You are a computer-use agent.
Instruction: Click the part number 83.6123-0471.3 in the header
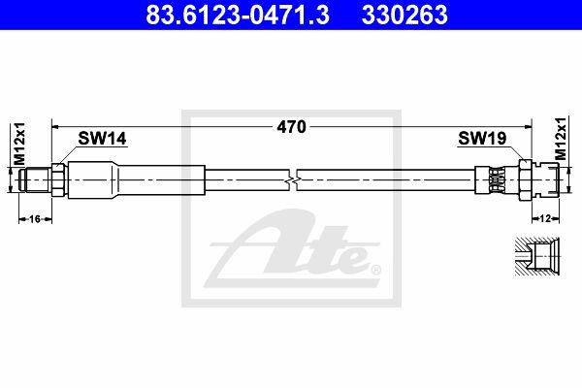[x=238, y=15]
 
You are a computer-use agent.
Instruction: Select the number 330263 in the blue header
[x=404, y=15]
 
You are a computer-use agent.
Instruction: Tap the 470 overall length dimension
[x=292, y=127]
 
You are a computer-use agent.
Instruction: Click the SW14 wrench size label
[x=102, y=138]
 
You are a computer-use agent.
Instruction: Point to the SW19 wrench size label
[x=482, y=138]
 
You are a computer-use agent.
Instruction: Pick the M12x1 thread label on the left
[x=19, y=144]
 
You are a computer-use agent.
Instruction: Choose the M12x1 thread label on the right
[x=561, y=139]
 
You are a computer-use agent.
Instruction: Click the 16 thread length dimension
[x=35, y=219]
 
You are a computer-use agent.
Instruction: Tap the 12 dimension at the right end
[x=545, y=218]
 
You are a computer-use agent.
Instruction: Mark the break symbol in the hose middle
[x=293, y=180]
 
